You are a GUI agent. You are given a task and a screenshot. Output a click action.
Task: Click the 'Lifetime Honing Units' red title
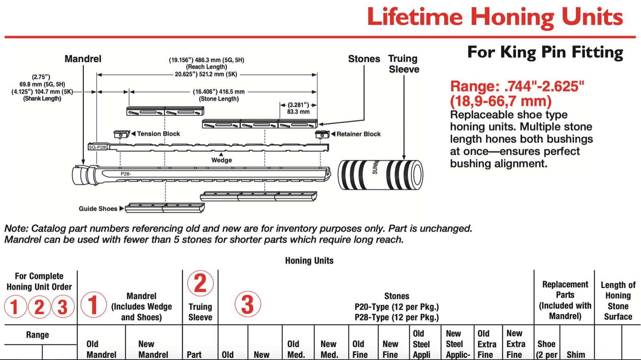494,17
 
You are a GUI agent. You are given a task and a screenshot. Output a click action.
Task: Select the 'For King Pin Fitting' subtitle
545,52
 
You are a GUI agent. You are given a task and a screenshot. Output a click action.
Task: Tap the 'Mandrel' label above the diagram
83,59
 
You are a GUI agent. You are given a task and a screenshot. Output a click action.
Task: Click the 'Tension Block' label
158,134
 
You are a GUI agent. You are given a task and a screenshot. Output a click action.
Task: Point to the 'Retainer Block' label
358,134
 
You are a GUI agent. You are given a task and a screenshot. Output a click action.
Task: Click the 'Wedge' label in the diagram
222,160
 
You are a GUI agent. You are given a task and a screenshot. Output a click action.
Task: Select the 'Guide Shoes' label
98,209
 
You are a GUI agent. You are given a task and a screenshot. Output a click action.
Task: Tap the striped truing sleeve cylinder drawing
380,175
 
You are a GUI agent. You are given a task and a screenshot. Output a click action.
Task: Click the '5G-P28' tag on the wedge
97,147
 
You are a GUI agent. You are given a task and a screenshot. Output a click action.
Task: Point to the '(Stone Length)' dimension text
219,99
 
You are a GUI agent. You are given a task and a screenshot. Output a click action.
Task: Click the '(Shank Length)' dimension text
42,99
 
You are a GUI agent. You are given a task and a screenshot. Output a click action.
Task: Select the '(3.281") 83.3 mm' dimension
298,109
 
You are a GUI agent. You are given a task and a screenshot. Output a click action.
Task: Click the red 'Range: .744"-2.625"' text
517,86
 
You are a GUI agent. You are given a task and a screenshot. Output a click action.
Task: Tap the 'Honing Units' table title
309,261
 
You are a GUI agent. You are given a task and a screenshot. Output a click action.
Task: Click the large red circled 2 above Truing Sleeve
200,284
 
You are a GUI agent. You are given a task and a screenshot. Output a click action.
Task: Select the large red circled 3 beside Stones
248,304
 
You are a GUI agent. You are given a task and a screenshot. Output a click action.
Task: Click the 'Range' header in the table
38,335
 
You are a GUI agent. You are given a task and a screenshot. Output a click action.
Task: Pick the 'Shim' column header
576,354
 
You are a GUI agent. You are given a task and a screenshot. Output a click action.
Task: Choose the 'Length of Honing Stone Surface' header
618,301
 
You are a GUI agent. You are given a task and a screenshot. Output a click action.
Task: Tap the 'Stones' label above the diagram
364,59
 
